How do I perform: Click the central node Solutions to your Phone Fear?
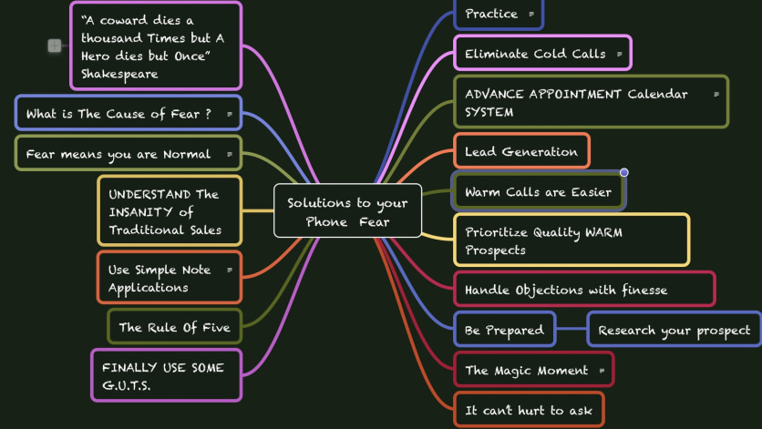pos(347,210)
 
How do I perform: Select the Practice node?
pos(499,15)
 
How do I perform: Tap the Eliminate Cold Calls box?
pos(543,53)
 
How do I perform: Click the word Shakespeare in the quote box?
pos(119,75)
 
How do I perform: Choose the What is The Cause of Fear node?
pos(129,114)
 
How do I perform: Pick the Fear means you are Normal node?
pos(129,154)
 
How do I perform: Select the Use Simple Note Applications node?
pos(170,279)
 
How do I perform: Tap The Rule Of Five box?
pos(174,327)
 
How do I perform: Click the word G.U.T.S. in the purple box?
pos(127,386)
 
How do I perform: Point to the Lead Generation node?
pos(522,151)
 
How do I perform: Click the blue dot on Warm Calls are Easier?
pos(624,172)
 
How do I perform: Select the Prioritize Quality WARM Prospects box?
pos(571,240)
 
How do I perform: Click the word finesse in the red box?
pos(645,290)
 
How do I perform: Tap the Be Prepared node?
pos(504,330)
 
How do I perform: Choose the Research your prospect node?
pos(674,330)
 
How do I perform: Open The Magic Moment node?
pos(533,370)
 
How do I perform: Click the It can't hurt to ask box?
pos(529,411)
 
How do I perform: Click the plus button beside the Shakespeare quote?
pos(55,46)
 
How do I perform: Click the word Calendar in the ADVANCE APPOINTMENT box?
pos(657,94)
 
